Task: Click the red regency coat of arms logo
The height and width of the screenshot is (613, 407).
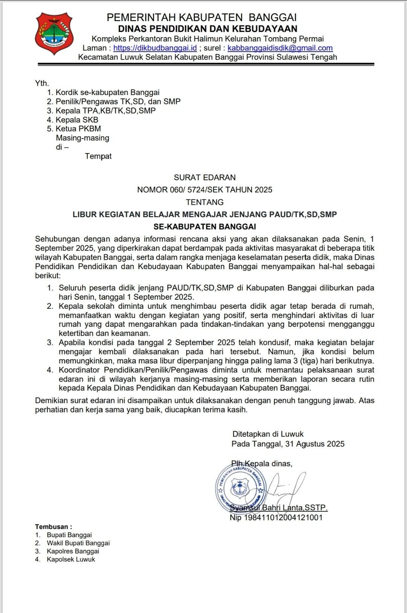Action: tap(54, 34)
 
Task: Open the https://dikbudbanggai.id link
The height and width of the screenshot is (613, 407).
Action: tap(155, 48)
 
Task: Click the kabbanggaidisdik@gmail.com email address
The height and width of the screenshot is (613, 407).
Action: tap(280, 48)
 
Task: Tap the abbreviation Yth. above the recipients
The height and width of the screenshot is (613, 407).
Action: tap(42, 83)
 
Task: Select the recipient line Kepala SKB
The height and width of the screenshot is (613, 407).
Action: tap(77, 120)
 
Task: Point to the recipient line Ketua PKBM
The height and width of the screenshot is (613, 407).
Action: tap(78, 129)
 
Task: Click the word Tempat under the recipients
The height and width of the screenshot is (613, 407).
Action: tap(98, 156)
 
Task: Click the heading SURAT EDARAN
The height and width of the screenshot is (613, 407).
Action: tap(205, 178)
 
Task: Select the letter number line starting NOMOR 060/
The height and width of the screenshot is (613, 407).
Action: tap(205, 190)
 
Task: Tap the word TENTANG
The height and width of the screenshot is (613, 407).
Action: tap(205, 202)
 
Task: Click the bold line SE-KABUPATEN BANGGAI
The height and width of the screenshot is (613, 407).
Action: tap(205, 227)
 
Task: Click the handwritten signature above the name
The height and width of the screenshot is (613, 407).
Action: tap(286, 486)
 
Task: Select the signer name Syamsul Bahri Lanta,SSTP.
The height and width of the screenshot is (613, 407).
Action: tap(279, 507)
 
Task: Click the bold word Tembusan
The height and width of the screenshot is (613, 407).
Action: tap(52, 527)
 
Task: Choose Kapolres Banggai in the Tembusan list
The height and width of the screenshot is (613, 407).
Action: tap(73, 551)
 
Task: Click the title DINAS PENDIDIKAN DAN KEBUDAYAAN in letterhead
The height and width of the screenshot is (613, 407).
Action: tap(208, 29)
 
